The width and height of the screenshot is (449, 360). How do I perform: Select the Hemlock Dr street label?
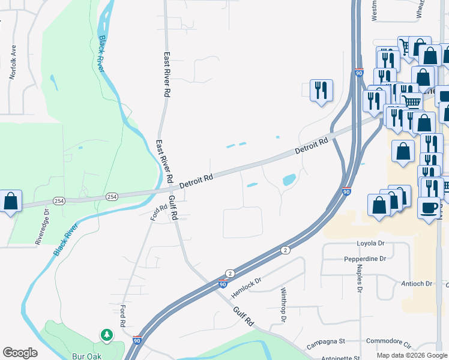coord(247,289)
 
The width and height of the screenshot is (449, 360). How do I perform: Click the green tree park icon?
coord(107,334)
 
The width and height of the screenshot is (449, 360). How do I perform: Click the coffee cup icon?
coord(429,208)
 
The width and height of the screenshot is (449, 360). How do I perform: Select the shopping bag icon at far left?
coord(11,201)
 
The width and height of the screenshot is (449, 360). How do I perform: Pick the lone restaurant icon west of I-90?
coord(321,90)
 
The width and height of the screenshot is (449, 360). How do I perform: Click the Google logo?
coord(20,353)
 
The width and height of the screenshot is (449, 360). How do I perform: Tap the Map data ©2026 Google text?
coord(412,355)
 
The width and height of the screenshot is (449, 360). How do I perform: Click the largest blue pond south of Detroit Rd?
coord(289,179)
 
